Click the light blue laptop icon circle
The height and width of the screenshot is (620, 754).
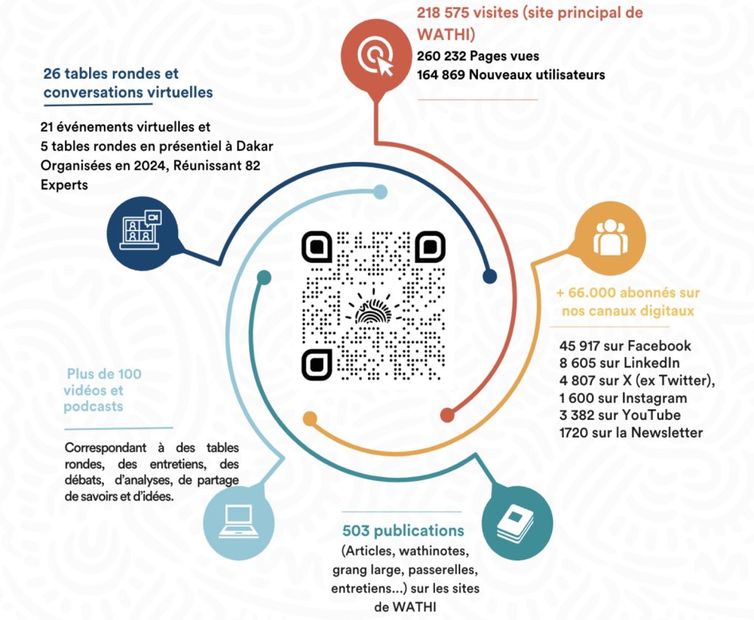tap(238, 521)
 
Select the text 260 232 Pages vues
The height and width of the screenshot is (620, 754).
tap(478, 56)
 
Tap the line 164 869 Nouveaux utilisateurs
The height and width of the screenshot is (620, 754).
tap(501, 74)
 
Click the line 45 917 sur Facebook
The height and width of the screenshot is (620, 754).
tap(625, 345)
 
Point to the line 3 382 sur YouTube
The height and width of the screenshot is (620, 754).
tap(620, 415)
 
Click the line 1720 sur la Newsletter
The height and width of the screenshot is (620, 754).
tap(631, 433)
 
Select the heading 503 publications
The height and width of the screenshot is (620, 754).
tap(404, 531)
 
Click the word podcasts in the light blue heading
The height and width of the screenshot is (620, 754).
tap(93, 406)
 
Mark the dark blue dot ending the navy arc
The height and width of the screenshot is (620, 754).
tap(490, 276)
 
